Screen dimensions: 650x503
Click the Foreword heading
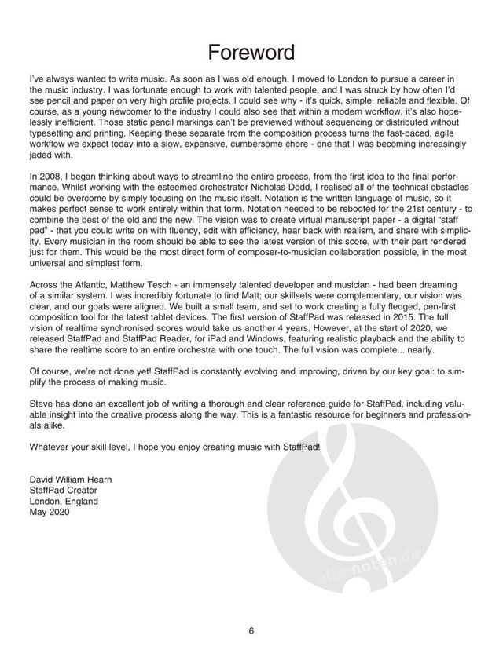251,53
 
